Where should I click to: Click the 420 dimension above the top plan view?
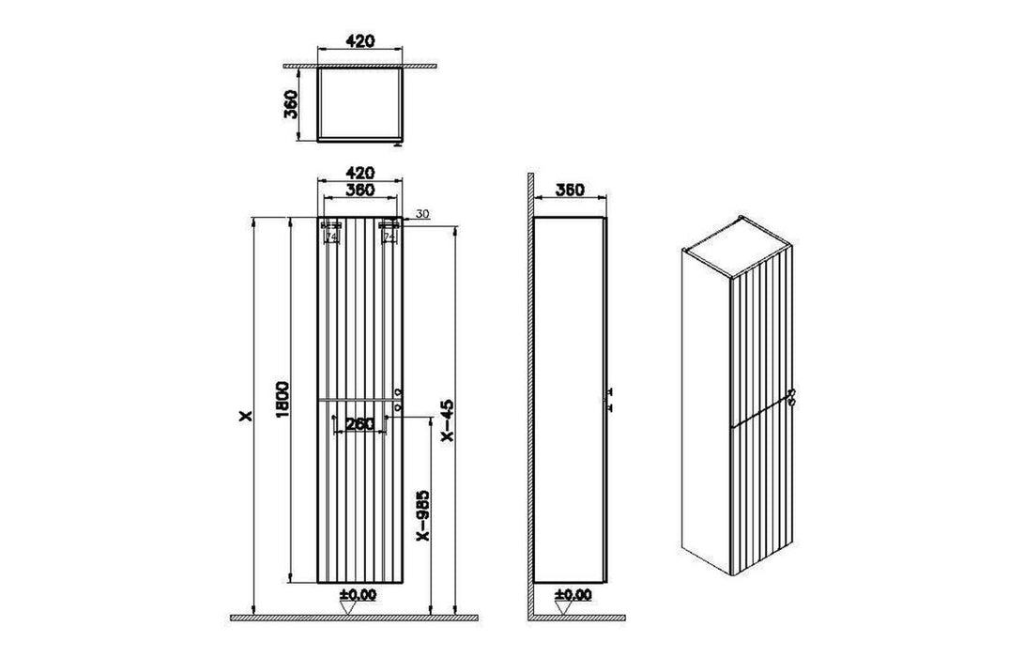[361, 41]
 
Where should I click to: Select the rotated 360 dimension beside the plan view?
[291, 103]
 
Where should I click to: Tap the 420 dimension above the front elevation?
[361, 174]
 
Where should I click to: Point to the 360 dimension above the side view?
[568, 191]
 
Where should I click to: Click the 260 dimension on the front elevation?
[360, 424]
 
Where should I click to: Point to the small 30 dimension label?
[421, 215]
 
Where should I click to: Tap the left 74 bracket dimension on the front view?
[331, 237]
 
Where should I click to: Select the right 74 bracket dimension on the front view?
[389, 237]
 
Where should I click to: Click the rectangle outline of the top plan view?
[361, 102]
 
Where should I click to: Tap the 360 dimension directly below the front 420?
[361, 191]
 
